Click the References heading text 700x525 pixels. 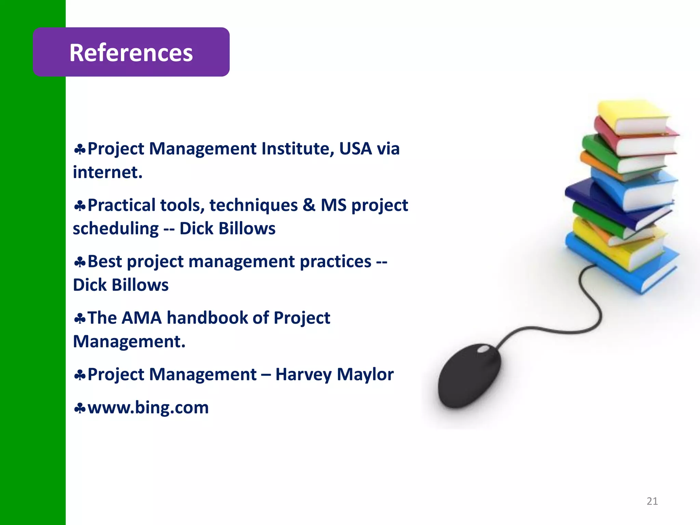(131, 53)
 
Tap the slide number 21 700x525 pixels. (652, 501)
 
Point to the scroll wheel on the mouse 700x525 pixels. (483, 349)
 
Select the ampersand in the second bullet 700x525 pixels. (309, 205)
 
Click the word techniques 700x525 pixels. (253, 205)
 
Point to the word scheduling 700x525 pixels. (116, 229)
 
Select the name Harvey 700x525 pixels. (303, 375)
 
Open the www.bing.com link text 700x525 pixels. (148, 408)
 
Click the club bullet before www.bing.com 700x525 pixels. (80, 408)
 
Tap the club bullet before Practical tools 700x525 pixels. (80, 206)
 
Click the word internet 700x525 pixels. (107, 172)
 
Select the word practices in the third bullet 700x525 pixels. (335, 262)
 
